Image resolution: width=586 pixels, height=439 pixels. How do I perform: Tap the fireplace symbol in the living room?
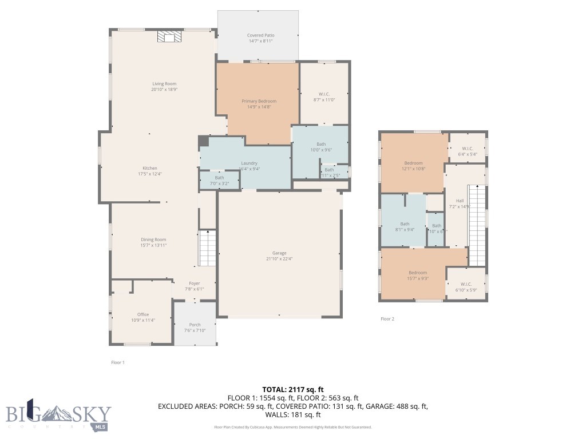169,37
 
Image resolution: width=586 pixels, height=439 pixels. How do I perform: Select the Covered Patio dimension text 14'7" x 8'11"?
260,41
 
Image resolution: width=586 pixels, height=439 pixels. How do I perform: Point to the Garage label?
279,253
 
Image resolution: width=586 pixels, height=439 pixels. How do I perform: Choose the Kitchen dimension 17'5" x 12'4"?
150,174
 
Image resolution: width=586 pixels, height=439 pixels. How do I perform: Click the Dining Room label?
153,240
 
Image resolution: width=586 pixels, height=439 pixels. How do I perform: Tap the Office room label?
143,314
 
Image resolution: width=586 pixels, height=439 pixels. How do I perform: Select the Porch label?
195,325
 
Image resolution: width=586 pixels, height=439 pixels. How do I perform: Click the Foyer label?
195,283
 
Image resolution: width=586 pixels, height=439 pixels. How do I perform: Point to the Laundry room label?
249,163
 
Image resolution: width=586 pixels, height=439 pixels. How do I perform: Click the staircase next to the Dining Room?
207,248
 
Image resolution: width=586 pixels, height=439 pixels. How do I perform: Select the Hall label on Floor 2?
460,201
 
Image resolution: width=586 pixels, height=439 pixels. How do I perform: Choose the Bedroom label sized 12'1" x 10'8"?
413,163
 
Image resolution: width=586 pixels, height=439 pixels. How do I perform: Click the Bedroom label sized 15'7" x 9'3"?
418,273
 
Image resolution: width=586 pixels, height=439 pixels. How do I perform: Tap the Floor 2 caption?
387,319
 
